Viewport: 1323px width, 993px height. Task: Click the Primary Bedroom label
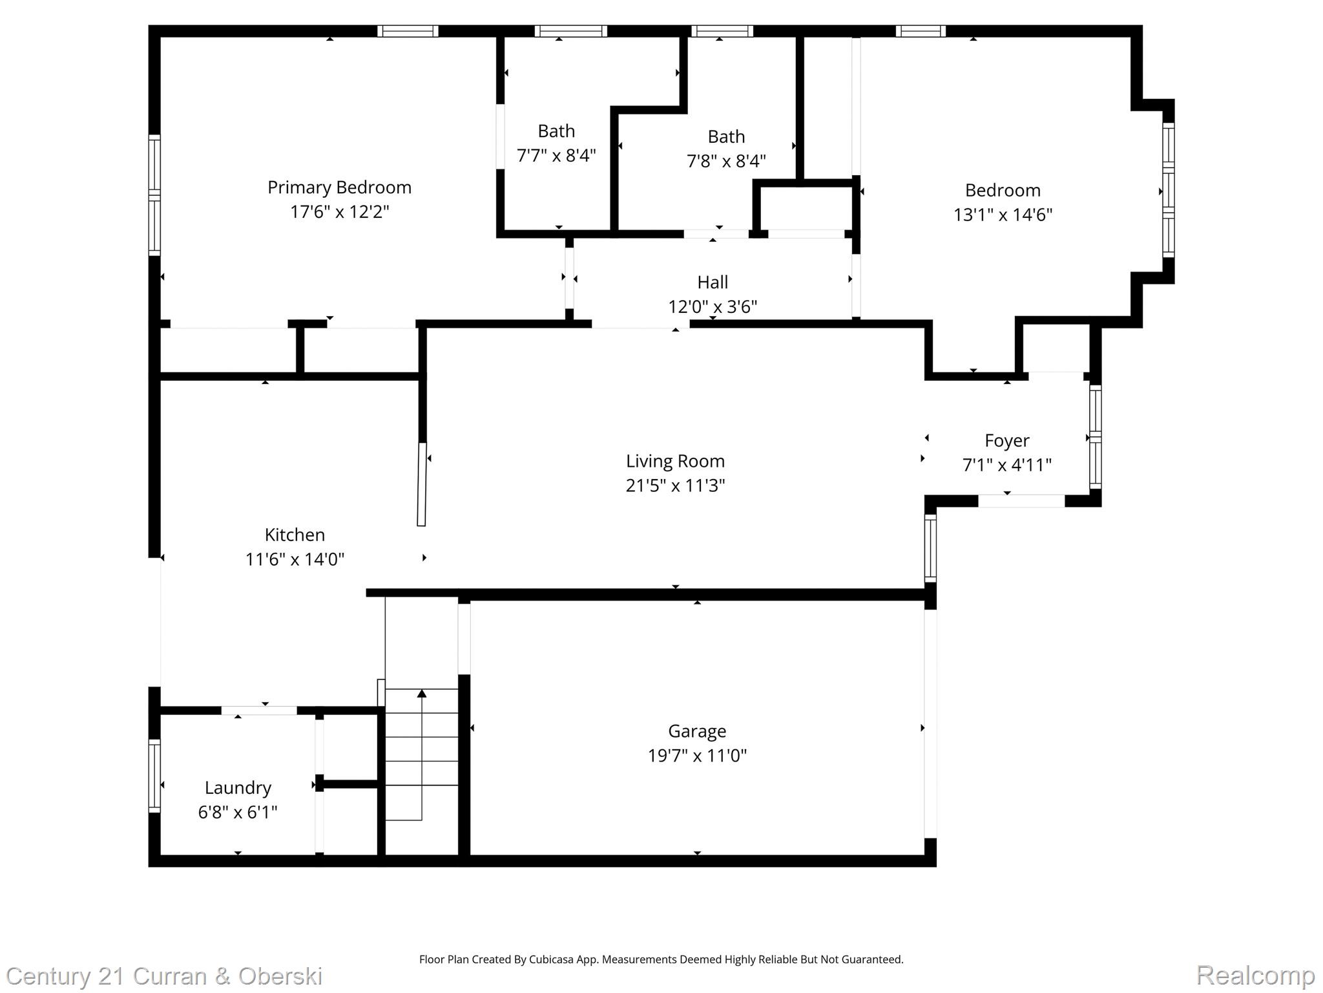point(339,187)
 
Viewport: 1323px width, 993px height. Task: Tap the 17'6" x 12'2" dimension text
point(339,212)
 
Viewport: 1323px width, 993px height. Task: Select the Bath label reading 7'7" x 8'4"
point(556,131)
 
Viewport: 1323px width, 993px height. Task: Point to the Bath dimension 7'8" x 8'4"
point(726,161)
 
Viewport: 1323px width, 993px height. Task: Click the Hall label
point(713,283)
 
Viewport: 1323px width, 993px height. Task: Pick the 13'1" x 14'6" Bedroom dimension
point(1003,215)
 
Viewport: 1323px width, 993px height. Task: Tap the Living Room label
point(675,461)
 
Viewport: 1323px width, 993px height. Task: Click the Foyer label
point(1006,441)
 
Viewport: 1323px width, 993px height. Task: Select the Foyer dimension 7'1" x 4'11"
point(1006,465)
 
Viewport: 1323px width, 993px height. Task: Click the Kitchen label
point(295,535)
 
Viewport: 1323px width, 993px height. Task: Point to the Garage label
point(697,731)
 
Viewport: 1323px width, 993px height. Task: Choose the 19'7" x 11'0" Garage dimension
point(697,756)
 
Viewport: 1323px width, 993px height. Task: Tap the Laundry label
point(238,787)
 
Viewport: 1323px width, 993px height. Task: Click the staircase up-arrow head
point(422,694)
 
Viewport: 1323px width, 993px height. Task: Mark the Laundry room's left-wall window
point(154,775)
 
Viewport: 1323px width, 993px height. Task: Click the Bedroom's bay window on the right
point(1168,191)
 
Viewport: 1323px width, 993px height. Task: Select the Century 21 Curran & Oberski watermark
point(164,976)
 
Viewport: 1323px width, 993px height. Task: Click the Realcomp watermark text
point(1255,975)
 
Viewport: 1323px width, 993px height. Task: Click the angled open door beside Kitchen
point(422,484)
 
